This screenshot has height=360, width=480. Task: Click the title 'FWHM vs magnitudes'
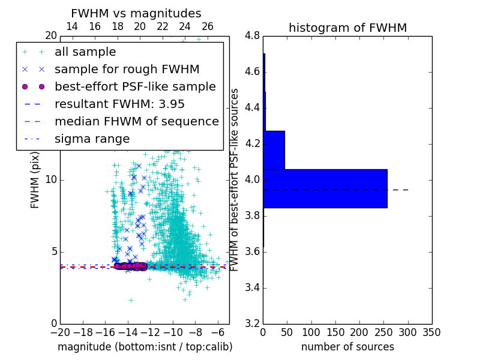click(136, 13)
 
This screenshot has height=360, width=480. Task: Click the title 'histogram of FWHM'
click(347, 28)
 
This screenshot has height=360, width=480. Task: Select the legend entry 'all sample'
click(85, 52)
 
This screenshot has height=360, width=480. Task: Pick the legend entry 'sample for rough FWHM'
click(127, 70)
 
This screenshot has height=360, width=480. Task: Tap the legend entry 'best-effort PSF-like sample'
click(135, 86)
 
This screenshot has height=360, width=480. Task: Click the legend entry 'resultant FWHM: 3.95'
click(119, 104)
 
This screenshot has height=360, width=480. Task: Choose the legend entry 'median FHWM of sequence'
click(136, 121)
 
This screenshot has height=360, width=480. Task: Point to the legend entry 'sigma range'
click(92, 139)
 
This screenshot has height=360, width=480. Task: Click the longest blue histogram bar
click(325, 188)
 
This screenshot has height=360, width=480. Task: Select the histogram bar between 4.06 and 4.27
click(274, 150)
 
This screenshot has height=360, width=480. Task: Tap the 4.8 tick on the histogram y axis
click(253, 36)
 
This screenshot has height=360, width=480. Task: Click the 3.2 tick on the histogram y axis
click(253, 323)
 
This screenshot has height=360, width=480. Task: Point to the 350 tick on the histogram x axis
click(431, 332)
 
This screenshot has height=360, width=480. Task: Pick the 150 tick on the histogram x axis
click(335, 332)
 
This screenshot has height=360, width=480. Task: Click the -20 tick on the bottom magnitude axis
click(60, 332)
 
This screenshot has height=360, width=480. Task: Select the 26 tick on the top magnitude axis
click(208, 26)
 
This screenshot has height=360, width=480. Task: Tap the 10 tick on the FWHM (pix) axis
click(51, 180)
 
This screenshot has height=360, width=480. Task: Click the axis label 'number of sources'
click(347, 347)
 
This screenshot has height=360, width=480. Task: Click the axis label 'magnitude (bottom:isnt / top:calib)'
click(145, 347)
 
